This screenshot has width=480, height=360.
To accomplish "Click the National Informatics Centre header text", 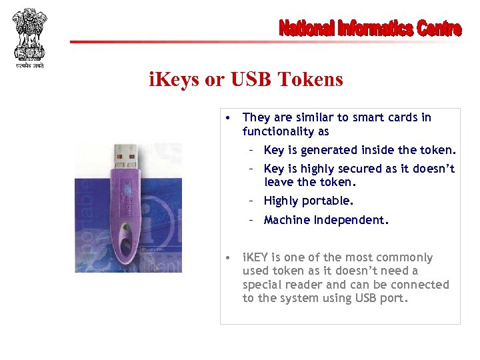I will tap(369, 29).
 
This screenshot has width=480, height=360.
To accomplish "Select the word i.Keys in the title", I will tap(174, 80).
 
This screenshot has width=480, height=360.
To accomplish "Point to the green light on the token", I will tap(127, 227).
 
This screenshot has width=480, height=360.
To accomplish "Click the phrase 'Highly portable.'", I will tap(309, 201).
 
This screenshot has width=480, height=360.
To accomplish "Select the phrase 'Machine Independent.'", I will tap(326, 220).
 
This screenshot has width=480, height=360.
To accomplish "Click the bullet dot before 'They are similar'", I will tap(228, 118).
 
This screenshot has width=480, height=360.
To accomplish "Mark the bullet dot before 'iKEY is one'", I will tap(228, 257).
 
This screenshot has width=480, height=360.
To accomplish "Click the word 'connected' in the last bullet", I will tap(424, 285).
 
